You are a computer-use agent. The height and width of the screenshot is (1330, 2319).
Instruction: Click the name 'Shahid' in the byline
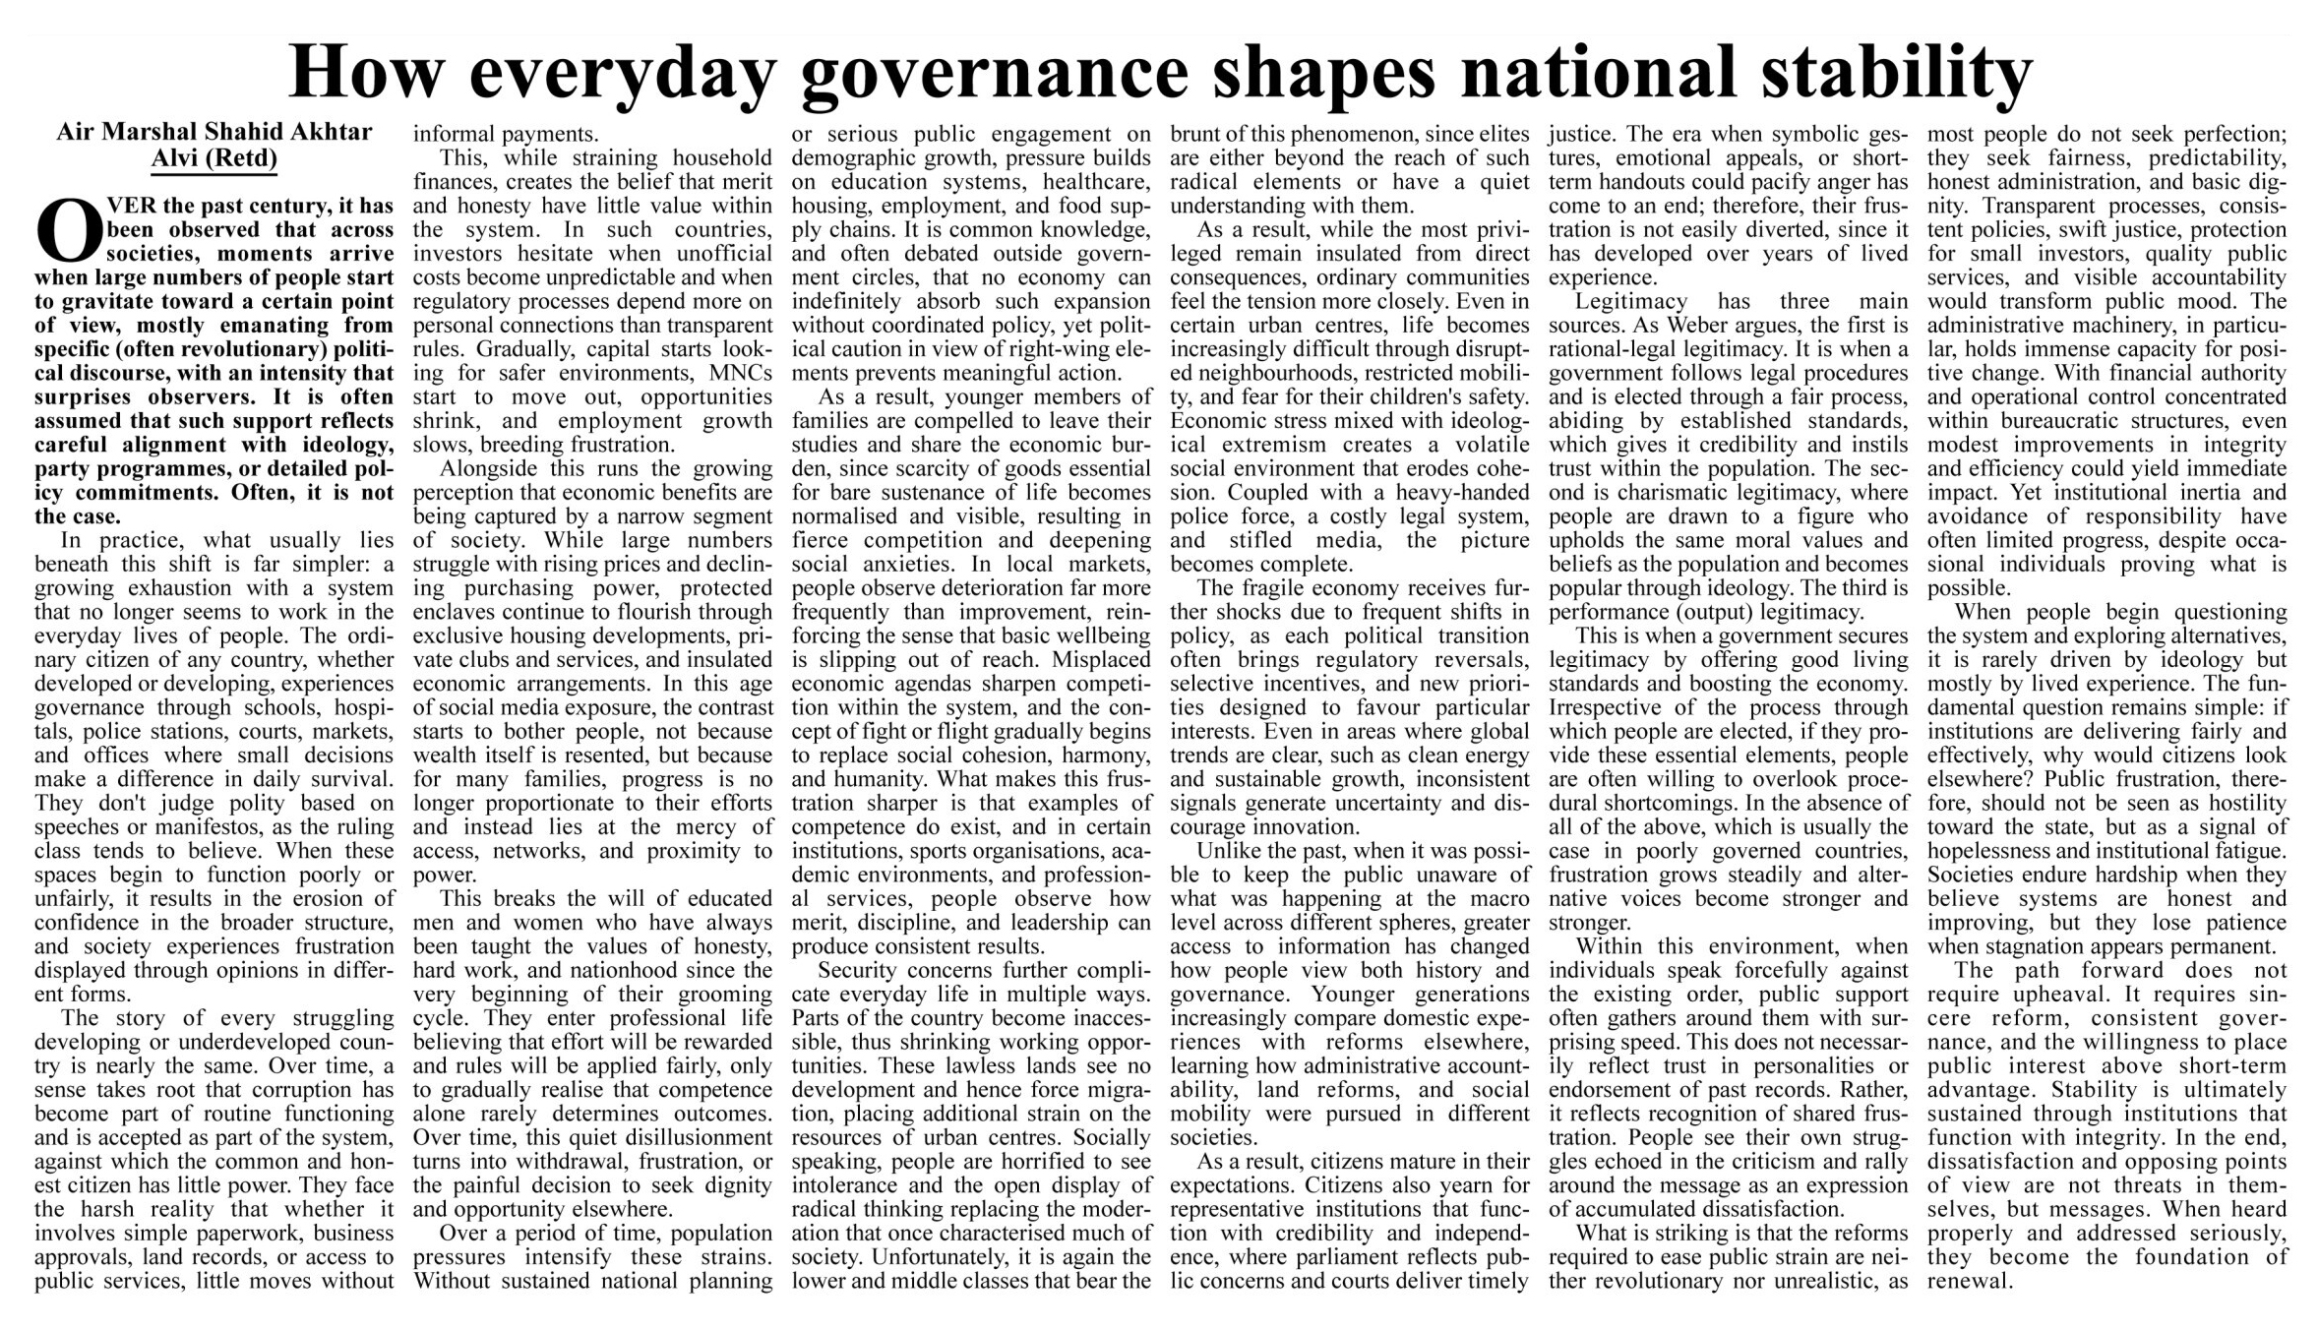point(240,132)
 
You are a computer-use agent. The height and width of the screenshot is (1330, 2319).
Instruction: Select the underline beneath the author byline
point(214,174)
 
